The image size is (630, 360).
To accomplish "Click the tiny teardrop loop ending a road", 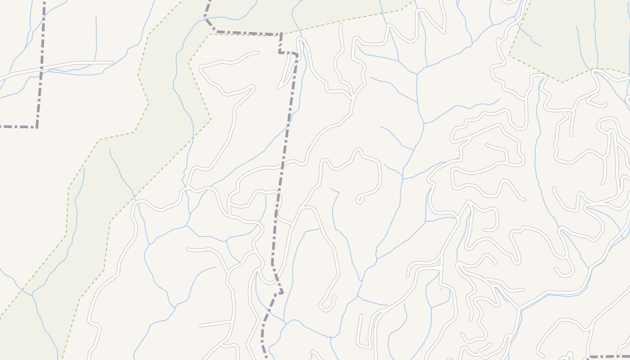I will tap(360, 199).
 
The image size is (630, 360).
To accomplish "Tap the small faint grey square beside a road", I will tap(441, 289).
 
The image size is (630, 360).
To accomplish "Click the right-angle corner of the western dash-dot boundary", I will tap(36, 127).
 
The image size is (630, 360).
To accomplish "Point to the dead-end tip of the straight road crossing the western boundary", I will tap(112, 62).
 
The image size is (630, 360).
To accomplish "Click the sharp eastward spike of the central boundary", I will tap(282, 293).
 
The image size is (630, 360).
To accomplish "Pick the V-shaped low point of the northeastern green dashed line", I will tap(561, 82).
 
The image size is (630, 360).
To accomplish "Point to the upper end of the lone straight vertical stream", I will tap(96, 17).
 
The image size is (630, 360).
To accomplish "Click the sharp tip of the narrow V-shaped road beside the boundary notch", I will tap(279, 86).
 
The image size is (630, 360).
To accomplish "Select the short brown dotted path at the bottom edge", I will tap(311, 356).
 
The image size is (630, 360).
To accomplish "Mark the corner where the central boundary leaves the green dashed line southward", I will tap(281, 34).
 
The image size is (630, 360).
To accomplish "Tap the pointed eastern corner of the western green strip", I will tap(211, 120).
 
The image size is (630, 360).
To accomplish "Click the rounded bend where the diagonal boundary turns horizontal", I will tap(216, 31).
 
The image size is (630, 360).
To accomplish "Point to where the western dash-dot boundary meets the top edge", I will tap(44, 1).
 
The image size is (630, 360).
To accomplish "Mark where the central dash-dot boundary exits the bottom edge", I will tap(266, 358).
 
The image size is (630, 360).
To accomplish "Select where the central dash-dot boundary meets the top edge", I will tap(209, 1).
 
